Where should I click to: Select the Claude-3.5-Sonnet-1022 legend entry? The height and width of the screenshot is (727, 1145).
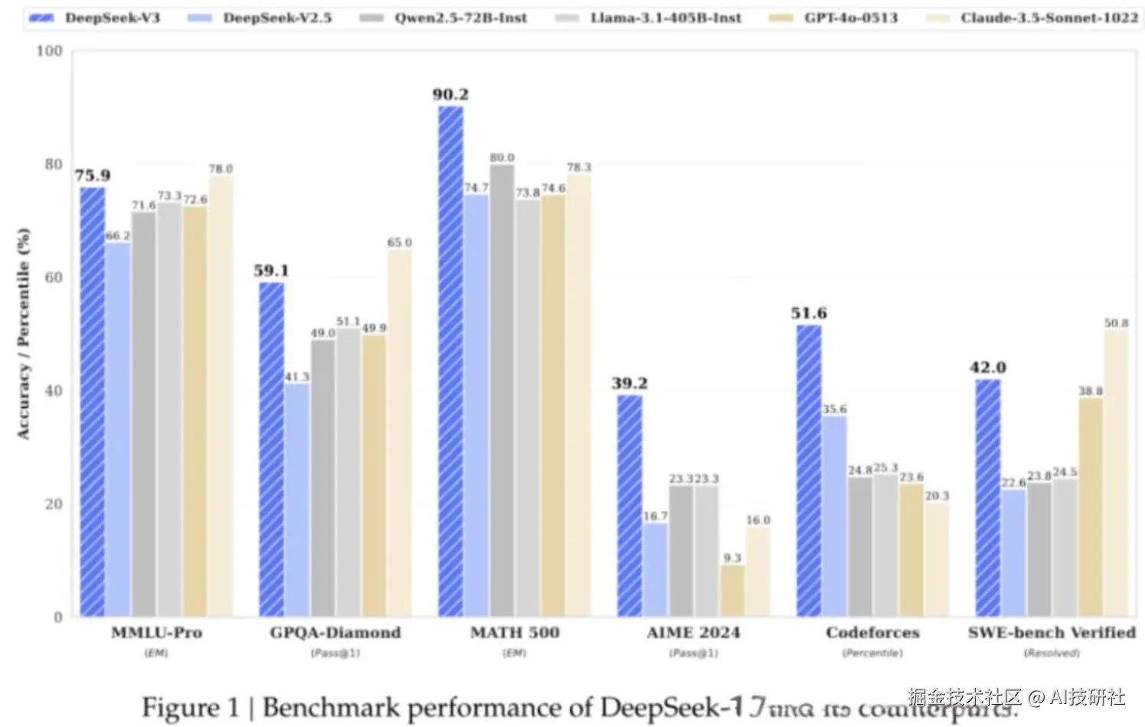[1032, 18]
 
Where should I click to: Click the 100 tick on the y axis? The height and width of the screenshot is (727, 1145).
[50, 51]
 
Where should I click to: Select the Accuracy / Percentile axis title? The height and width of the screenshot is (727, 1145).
[24, 333]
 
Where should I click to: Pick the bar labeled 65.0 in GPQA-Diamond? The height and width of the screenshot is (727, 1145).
[400, 432]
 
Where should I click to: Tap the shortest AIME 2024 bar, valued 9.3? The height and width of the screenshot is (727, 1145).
[732, 590]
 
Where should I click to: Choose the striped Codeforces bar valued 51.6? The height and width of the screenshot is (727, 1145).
[809, 471]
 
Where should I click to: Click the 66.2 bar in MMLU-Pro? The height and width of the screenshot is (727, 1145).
[118, 429]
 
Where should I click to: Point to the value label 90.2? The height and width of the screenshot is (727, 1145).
[450, 95]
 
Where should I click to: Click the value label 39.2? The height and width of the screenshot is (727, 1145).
[629, 383]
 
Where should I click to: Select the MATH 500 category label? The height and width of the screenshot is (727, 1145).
[514, 633]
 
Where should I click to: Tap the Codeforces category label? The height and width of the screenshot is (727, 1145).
[873, 633]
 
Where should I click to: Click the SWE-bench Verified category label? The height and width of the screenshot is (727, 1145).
[1052, 633]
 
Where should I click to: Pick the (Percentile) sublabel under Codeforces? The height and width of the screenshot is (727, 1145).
[873, 654]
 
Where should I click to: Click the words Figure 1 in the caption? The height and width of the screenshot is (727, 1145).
[190, 707]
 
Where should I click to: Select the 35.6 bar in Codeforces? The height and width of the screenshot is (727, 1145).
[834, 517]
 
